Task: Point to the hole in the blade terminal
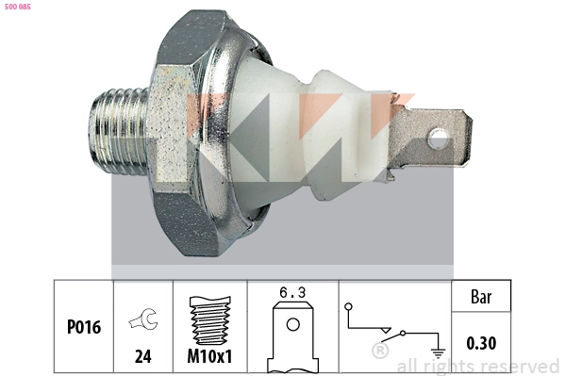pos(437,140)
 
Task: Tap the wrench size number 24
pos(142,358)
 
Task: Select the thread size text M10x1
pos(209,358)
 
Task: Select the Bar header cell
pos(481,296)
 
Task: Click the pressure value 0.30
pos(481,344)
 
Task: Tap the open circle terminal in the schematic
pos(348,306)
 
